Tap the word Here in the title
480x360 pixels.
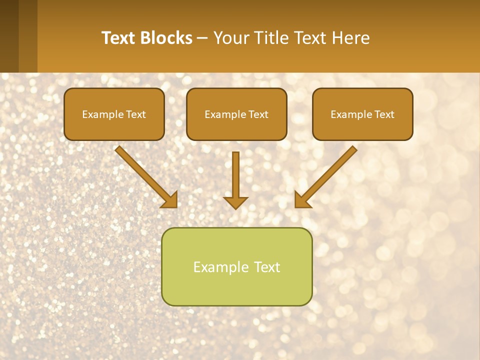(351, 38)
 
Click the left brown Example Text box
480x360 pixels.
(114, 114)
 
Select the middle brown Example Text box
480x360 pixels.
(236, 114)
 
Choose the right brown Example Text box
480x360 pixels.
(362, 114)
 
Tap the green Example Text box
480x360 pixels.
(236, 266)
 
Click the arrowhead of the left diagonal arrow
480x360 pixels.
(169, 200)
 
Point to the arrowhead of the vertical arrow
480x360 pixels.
(235, 202)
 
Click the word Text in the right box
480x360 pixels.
(384, 114)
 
